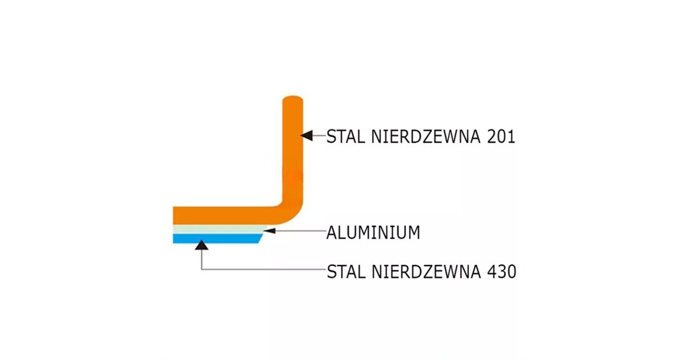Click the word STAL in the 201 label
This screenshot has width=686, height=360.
point(346,137)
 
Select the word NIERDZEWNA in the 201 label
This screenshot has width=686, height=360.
point(426,137)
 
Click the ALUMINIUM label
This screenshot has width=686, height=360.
point(373,233)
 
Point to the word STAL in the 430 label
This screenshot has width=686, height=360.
point(346,271)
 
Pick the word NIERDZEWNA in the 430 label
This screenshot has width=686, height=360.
point(426,271)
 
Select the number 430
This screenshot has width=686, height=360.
point(502,271)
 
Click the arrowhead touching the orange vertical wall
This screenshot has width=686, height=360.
point(307,135)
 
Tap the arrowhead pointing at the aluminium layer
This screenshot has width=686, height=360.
point(269,230)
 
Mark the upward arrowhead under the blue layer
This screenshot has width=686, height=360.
point(201,245)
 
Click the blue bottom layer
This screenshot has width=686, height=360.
point(217,239)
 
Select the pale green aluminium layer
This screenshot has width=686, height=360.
point(220,230)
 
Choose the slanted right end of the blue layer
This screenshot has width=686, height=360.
point(261,239)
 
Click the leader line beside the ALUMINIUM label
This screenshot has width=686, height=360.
point(301,231)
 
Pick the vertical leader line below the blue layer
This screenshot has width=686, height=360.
point(201,259)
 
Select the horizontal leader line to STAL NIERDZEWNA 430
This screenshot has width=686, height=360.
point(264,269)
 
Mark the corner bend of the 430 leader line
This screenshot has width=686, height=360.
point(201,269)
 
